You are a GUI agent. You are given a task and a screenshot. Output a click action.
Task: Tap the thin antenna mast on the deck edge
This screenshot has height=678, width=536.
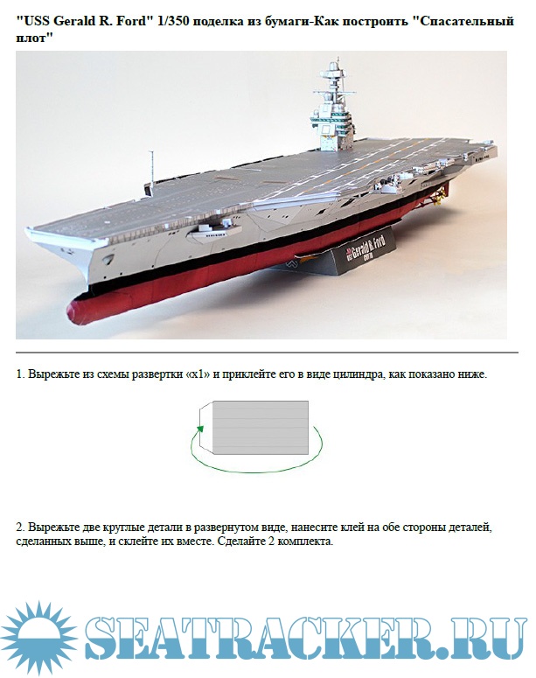[x=151, y=170]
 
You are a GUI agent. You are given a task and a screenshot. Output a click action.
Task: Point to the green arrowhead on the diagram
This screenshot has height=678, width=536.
[x=199, y=429]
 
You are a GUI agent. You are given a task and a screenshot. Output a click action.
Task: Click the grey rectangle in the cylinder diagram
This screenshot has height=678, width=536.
[x=261, y=428]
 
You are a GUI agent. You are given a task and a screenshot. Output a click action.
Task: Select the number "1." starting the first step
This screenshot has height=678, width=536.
[x=20, y=374]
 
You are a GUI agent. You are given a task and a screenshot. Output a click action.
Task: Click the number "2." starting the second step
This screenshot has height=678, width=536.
[x=20, y=528]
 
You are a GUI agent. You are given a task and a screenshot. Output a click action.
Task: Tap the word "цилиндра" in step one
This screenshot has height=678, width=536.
[x=359, y=375]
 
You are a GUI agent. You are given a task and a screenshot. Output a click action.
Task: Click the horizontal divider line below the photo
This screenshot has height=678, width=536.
[x=267, y=353]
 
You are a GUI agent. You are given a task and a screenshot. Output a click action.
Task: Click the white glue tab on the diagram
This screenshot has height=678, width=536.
[x=206, y=428]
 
